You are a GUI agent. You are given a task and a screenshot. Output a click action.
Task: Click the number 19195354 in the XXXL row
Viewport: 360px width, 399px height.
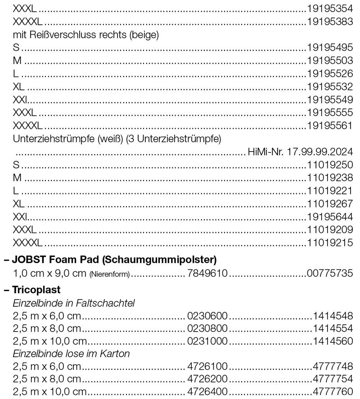point(330,8)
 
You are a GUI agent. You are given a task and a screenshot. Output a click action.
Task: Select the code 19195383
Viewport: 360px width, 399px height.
point(330,21)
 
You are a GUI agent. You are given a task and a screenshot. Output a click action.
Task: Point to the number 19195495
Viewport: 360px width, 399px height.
point(330,47)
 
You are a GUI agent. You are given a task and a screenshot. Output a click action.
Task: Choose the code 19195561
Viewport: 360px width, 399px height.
point(330,126)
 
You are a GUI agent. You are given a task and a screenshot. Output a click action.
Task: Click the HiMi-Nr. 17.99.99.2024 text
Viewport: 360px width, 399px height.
point(300,152)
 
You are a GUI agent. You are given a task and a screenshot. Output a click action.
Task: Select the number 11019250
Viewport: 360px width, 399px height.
point(330,165)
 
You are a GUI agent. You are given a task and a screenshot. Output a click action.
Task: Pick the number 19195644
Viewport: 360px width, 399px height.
point(330,217)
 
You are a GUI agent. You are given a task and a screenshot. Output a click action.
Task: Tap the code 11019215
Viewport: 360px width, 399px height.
point(330,243)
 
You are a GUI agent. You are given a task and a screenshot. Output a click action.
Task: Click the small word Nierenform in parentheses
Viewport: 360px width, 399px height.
point(109,273)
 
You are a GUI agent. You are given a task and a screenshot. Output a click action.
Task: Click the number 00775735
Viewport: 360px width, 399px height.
point(330,273)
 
